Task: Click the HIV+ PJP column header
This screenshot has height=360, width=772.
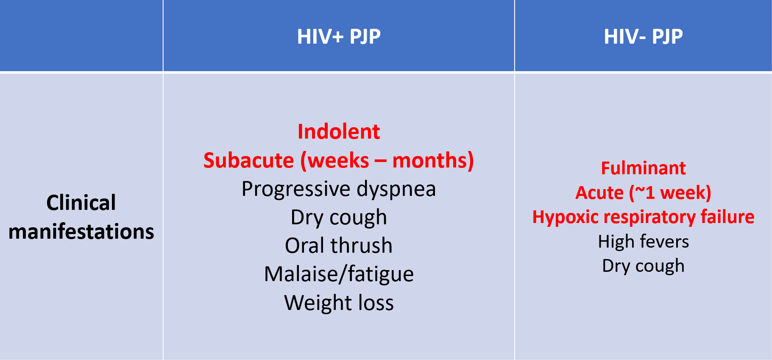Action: click(x=339, y=37)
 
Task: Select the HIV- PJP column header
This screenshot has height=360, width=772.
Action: click(x=643, y=37)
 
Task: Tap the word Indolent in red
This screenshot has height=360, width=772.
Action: click(x=339, y=131)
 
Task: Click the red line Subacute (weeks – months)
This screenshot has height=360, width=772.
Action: click(x=339, y=160)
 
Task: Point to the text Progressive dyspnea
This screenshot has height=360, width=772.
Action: click(x=339, y=189)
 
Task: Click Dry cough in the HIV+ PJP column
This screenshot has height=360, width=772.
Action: click(x=339, y=218)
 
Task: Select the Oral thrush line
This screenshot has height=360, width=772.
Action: click(x=339, y=246)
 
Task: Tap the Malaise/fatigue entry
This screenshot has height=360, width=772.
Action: click(x=339, y=274)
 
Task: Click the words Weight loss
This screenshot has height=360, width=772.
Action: click(x=339, y=303)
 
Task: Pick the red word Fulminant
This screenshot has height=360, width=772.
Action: click(x=643, y=168)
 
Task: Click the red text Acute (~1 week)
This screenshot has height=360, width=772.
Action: click(x=643, y=193)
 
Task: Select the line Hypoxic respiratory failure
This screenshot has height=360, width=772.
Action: click(x=643, y=217)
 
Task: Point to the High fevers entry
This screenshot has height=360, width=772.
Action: click(x=643, y=242)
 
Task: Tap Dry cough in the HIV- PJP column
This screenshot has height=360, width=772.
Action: click(x=643, y=266)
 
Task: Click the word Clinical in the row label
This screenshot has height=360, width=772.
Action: click(x=81, y=203)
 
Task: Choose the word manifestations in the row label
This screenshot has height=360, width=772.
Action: click(x=81, y=232)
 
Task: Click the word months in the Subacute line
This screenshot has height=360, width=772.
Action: click(x=433, y=160)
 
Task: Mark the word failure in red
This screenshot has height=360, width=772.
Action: click(x=727, y=217)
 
